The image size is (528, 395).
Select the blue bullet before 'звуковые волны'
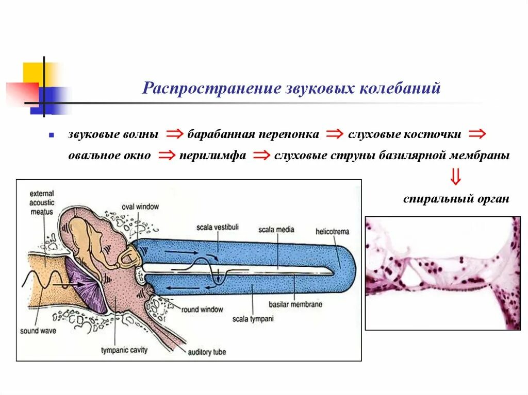[52, 135]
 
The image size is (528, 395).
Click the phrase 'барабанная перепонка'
[253, 135]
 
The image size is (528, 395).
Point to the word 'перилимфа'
[212, 156]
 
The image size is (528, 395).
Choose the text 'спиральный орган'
[456, 199]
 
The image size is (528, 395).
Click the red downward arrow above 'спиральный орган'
[455, 176]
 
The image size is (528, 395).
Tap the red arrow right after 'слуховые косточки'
[477, 135]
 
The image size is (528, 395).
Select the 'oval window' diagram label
[140, 207]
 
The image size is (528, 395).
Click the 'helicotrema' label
[333, 232]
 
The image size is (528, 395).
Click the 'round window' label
[202, 310]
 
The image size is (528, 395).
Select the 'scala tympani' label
[252, 319]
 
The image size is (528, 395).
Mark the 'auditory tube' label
[207, 352]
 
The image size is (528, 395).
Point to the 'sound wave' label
[38, 331]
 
